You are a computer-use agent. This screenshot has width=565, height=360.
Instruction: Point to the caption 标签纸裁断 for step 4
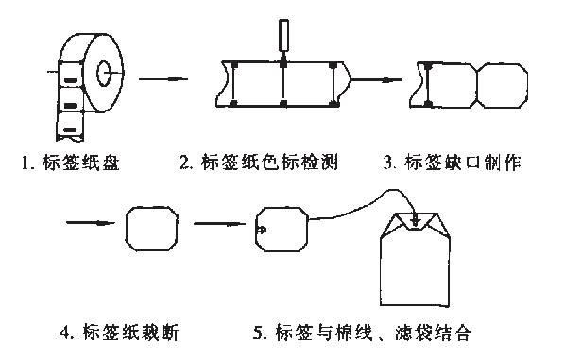128,333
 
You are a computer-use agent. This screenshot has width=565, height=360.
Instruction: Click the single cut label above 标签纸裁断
152,228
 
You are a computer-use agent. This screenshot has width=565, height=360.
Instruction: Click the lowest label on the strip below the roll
70,125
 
